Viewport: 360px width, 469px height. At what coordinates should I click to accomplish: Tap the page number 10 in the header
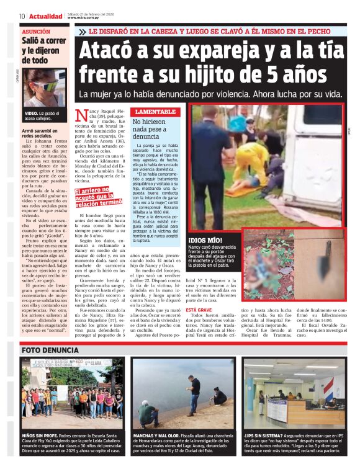[x=22, y=16]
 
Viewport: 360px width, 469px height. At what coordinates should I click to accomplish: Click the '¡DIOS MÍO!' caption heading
[x=205, y=239]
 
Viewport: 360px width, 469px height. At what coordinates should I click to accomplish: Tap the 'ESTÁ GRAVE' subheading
[x=199, y=309]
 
